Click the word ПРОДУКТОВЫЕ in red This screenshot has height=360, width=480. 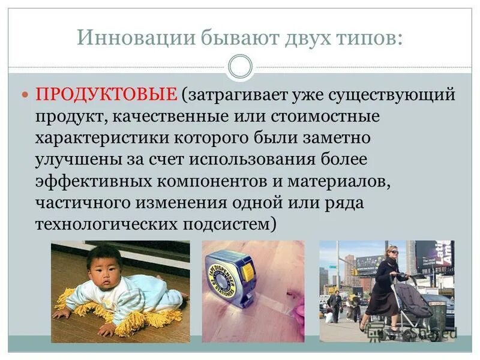[x=107, y=95]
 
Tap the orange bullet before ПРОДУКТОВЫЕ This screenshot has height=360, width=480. [x=25, y=95]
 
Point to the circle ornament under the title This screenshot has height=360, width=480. [x=240, y=67]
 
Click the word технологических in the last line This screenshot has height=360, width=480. [x=104, y=225]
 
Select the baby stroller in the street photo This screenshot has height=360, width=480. [x=413, y=300]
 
